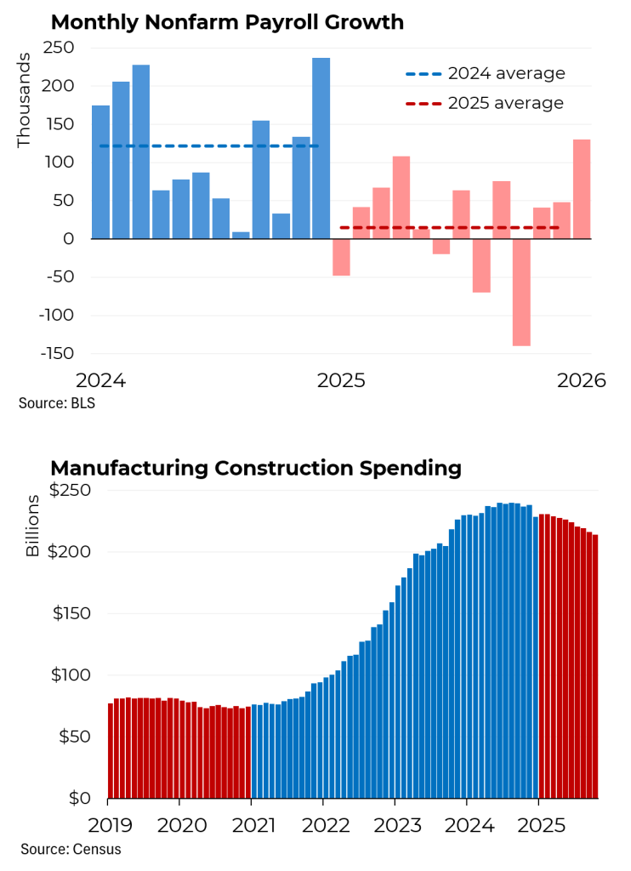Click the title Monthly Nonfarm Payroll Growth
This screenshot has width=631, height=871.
227,22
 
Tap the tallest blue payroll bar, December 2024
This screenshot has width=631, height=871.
321,149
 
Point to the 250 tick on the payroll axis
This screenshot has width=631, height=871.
62,48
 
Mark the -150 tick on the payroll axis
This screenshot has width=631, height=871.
57,354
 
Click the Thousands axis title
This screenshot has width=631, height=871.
24,100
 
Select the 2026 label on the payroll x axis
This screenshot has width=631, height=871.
581,380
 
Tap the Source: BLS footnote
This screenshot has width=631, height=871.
57,403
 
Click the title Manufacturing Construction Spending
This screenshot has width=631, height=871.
255,468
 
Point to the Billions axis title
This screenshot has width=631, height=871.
32,526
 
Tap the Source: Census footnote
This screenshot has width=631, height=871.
71,849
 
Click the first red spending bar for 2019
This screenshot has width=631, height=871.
111,750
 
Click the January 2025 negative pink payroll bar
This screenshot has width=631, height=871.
341,257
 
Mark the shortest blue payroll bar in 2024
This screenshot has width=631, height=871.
241,235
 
